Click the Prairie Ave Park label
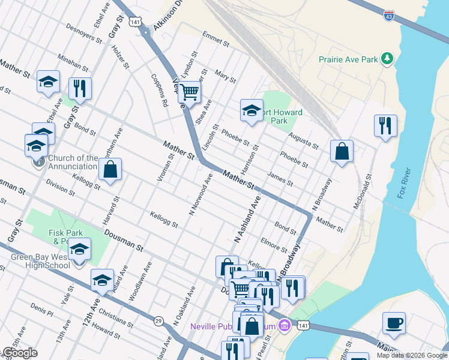(348, 59)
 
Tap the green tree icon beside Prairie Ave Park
(388, 58)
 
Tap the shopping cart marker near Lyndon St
(189, 93)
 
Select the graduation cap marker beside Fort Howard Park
(252, 110)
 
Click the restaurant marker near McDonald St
(385, 125)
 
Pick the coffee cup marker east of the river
(394, 323)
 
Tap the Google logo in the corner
(20, 353)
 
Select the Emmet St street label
(216, 41)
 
